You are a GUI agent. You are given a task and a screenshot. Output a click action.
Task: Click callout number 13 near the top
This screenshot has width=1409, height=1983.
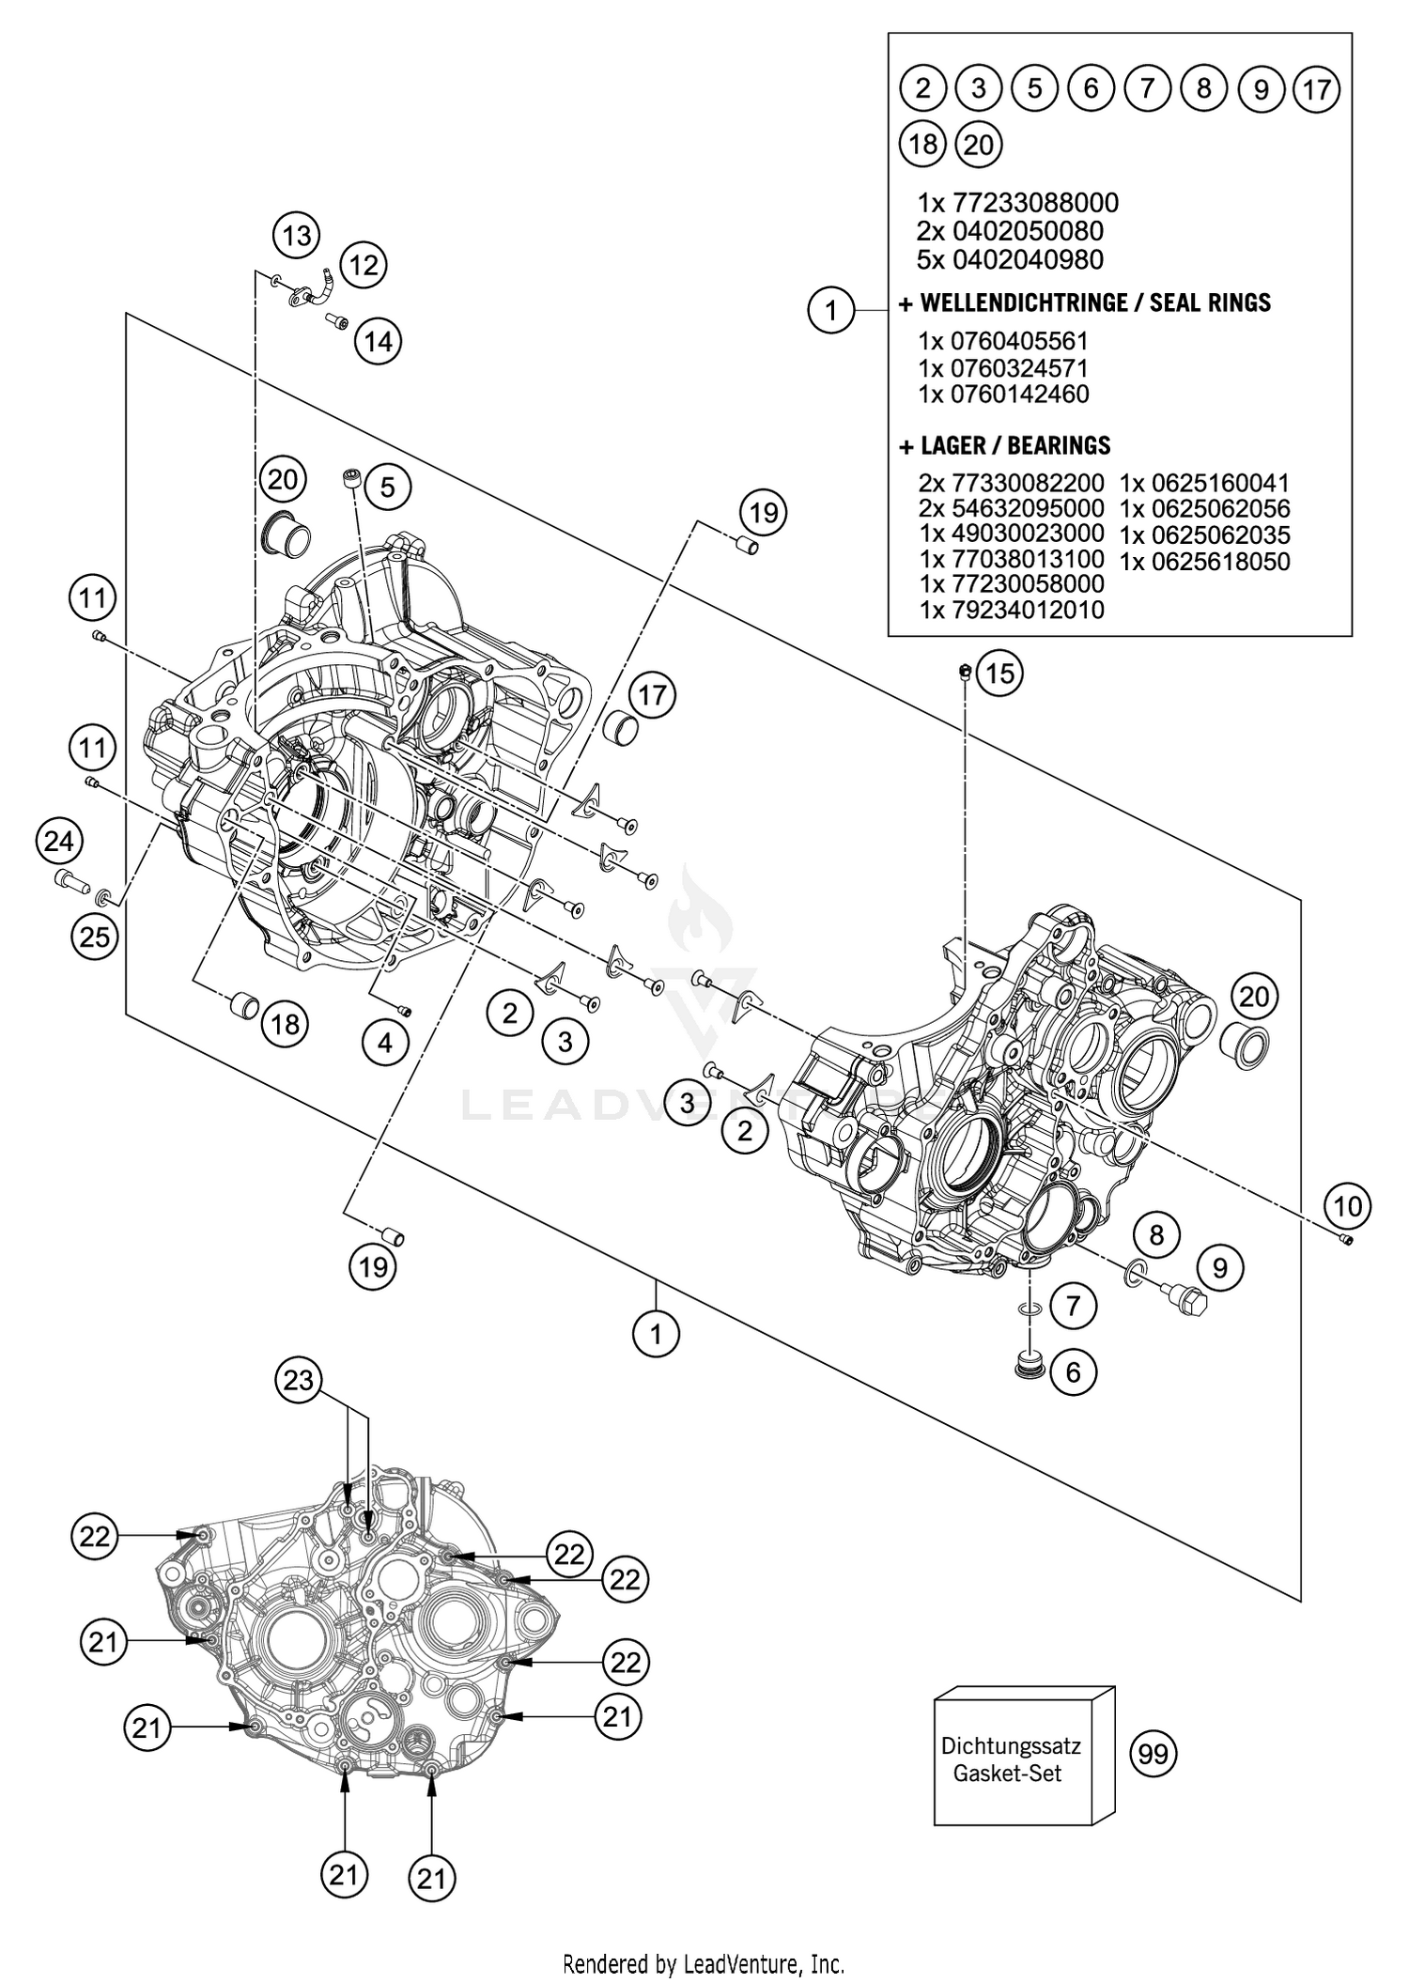[297, 235]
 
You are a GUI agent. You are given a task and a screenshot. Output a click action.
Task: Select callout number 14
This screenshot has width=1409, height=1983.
[379, 340]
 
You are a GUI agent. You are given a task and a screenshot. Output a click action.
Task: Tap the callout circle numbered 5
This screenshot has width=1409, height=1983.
[388, 486]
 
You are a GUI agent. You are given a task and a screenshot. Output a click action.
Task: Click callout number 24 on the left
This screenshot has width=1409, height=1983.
[59, 841]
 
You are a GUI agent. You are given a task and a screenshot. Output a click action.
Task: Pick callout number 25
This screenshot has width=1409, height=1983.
[95, 937]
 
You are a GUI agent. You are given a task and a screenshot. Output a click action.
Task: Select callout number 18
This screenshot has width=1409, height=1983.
[286, 1023]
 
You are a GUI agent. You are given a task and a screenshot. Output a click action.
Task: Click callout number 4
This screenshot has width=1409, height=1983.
[386, 1042]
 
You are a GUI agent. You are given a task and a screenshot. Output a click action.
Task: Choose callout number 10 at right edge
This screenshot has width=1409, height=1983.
[1348, 1205]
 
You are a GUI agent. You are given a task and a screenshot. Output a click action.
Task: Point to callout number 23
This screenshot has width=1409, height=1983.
[299, 1380]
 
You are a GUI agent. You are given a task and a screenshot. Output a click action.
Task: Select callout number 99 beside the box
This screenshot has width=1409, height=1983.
[1153, 1754]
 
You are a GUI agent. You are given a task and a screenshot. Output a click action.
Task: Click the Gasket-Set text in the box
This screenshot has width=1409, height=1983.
[1007, 1774]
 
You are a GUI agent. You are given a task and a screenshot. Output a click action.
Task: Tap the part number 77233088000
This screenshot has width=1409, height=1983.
[1035, 203]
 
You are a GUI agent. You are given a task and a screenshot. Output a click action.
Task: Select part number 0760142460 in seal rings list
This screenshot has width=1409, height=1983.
[1019, 395]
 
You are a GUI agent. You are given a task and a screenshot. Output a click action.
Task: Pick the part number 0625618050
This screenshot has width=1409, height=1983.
[1205, 562]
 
